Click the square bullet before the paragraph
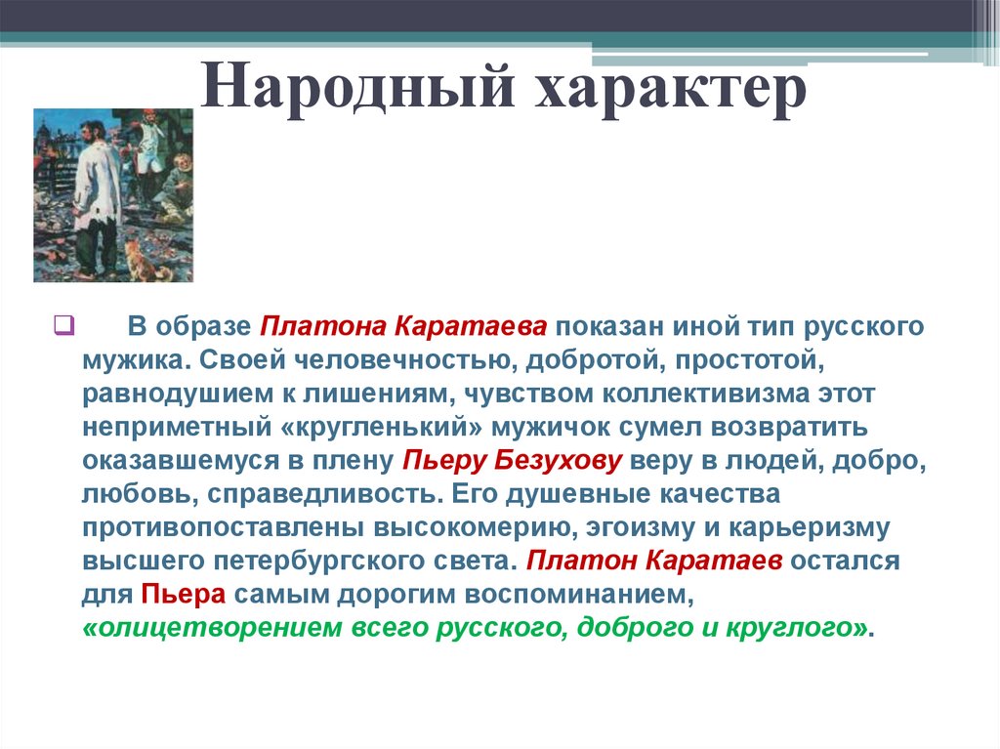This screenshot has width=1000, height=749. coord(59,324)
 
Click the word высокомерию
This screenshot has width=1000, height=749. coord(469,528)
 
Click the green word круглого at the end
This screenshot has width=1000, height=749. coord(789,627)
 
